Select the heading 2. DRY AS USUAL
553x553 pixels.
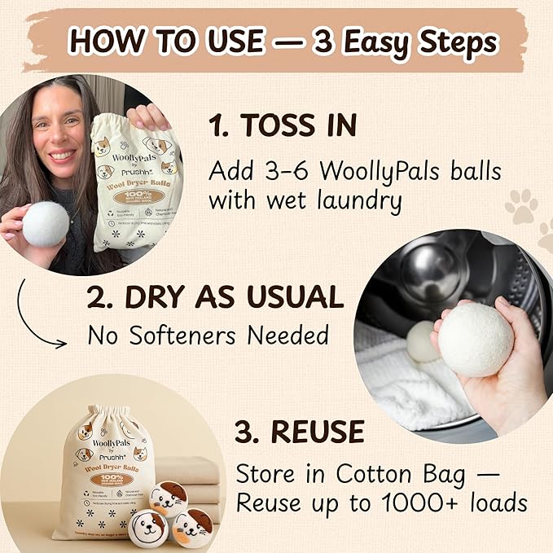215,298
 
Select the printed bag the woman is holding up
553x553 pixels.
134,183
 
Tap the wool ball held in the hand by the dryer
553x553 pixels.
476,340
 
